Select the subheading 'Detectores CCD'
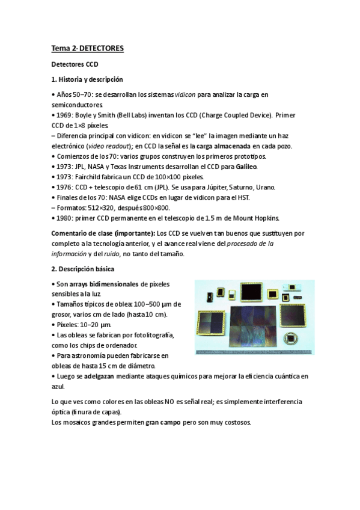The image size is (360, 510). tap(75, 64)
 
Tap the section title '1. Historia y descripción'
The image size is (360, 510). tap(87, 79)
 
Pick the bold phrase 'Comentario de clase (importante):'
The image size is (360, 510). tap(103, 233)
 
